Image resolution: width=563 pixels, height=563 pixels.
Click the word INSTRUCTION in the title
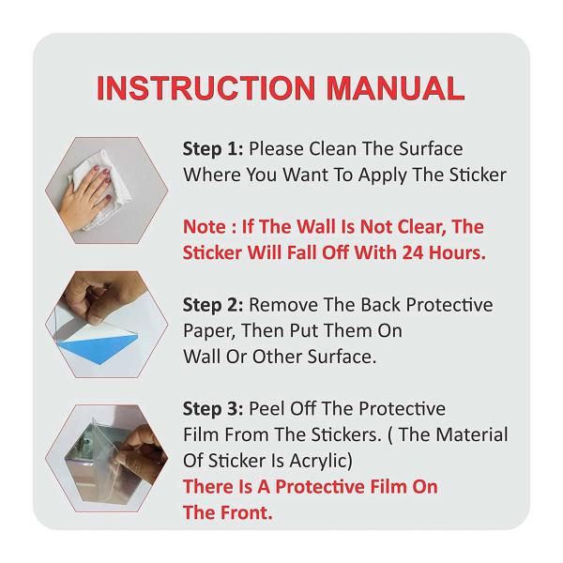click(206, 88)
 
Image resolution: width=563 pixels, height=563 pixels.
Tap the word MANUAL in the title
click(396, 88)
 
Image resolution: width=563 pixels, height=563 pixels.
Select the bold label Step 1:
click(213, 149)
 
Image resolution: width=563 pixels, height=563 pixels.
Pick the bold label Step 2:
click(213, 305)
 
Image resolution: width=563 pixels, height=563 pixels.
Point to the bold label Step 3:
click(213, 409)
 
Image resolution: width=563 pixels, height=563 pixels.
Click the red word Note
click(205, 227)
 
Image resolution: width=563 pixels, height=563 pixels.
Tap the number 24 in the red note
click(413, 252)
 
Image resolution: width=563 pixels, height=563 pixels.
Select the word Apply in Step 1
click(382, 176)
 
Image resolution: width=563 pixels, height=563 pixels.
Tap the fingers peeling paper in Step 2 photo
click(90, 298)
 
